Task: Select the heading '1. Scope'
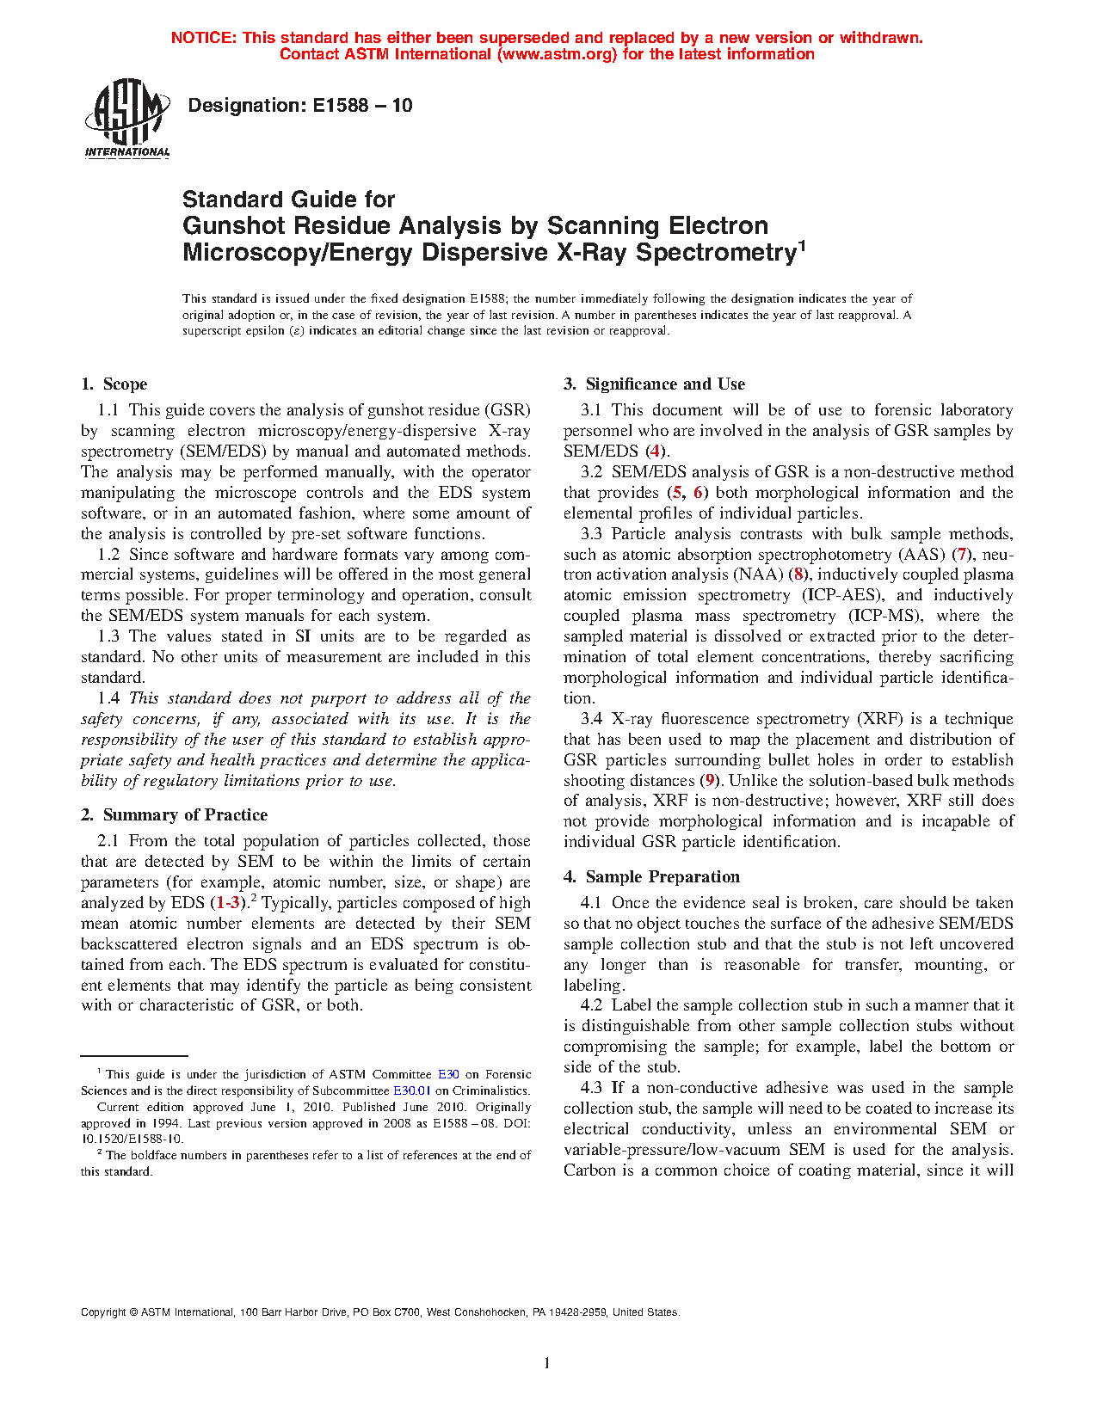pos(114,384)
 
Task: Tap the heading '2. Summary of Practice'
pos(175,815)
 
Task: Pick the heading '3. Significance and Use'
pos(655,384)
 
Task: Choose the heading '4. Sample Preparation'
pos(652,877)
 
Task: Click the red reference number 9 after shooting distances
pos(710,781)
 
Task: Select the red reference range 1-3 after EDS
pos(228,903)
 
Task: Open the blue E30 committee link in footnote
pos(448,1074)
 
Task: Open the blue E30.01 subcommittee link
pos(411,1090)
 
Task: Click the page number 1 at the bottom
pos(547,1362)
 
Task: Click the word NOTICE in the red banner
pos(203,38)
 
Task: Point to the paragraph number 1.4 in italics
pos(108,698)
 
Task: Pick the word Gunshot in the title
pos(232,226)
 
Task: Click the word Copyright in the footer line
pos(102,1312)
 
